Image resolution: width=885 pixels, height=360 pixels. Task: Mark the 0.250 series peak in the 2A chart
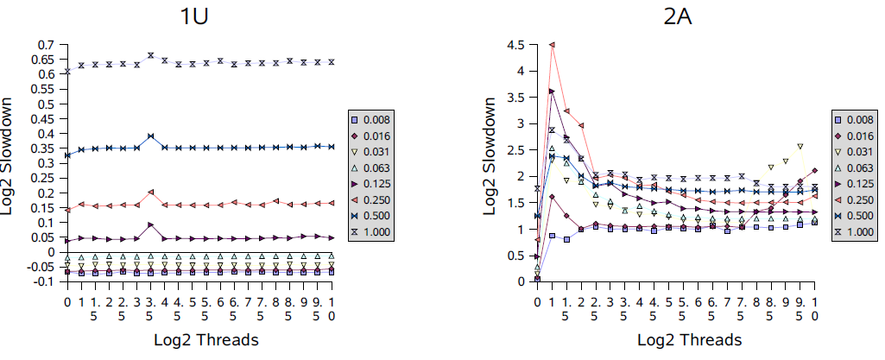point(552,45)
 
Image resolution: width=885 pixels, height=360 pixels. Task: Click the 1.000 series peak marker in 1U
point(151,55)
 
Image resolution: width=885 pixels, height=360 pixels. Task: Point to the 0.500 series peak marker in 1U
point(151,136)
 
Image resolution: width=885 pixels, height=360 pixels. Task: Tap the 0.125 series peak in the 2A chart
point(552,92)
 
